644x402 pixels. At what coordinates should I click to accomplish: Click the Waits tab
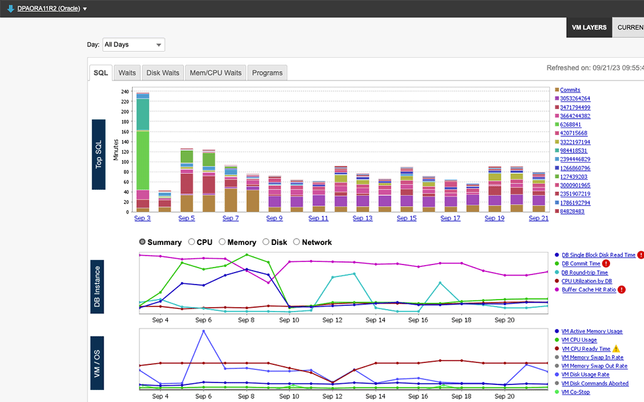tap(127, 73)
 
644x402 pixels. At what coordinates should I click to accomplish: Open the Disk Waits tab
tap(163, 73)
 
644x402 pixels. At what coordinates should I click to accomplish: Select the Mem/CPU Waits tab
tap(216, 73)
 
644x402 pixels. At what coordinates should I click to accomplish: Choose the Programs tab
tap(267, 73)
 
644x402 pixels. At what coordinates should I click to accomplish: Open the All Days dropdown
tap(133, 45)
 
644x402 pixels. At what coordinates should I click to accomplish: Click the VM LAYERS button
tap(589, 28)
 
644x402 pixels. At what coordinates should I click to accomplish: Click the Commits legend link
tap(570, 90)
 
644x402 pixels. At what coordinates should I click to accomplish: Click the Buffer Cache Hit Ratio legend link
tap(588, 290)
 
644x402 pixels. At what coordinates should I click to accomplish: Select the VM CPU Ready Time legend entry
tap(586, 349)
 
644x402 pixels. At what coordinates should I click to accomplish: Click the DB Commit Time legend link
tap(581, 264)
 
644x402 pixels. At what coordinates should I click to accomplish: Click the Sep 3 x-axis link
tap(143, 218)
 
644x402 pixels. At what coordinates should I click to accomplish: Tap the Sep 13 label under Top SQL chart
tap(363, 218)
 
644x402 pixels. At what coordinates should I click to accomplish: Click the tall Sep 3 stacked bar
tap(143, 151)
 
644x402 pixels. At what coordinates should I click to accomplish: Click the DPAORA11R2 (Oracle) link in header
tap(48, 9)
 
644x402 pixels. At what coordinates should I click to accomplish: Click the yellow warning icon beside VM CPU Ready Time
tap(616, 349)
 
